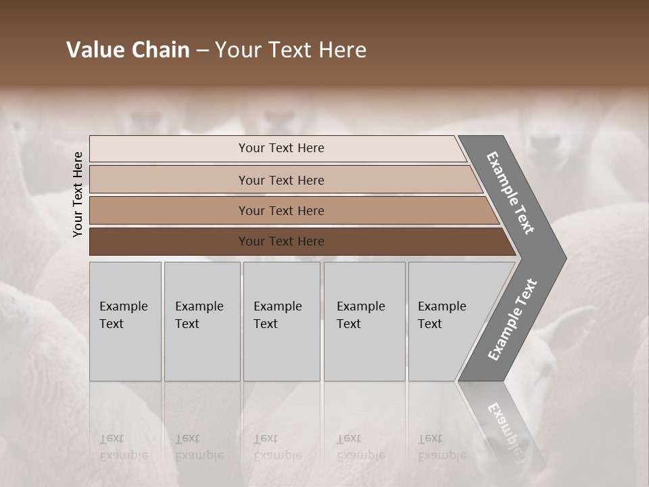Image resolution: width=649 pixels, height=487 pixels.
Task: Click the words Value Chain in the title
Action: point(128,50)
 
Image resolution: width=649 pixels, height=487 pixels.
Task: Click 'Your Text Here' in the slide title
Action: point(291,50)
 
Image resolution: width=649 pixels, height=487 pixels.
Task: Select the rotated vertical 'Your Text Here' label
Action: point(78,194)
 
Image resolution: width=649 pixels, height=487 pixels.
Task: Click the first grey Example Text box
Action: point(125,321)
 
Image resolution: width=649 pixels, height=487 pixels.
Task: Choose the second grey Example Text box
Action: point(202,321)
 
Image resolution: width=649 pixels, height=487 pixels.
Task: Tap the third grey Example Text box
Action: point(281,321)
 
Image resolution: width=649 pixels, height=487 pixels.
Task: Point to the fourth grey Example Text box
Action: point(364,321)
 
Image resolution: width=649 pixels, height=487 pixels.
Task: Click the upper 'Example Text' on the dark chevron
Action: point(510,193)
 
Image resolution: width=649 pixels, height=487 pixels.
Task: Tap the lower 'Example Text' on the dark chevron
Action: point(512,320)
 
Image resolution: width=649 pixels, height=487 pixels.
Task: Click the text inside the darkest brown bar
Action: point(281,241)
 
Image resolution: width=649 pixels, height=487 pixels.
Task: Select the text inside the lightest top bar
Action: point(281,148)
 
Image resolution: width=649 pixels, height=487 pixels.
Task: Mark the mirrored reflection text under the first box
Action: point(124,447)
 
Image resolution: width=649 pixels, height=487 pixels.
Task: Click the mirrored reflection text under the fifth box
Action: point(441,447)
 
